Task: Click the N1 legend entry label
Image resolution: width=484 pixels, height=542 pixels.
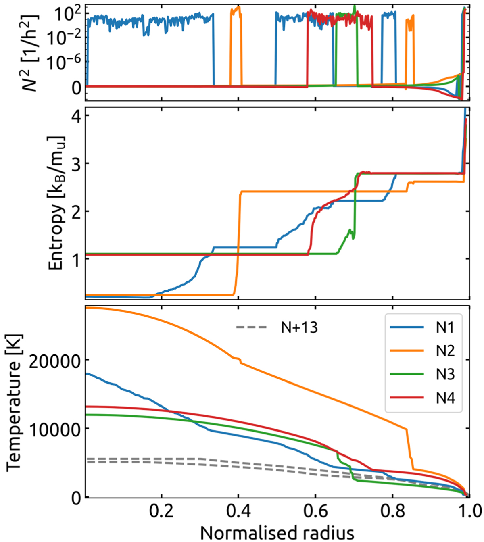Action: click(x=445, y=328)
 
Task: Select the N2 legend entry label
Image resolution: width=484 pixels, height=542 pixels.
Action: click(x=445, y=351)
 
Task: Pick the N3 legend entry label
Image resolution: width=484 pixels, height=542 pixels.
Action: click(x=445, y=375)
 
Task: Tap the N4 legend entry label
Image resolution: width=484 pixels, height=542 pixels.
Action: click(x=445, y=398)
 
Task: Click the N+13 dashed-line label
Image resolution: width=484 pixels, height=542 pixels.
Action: click(x=299, y=327)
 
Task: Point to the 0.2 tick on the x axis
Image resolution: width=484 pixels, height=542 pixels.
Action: click(x=161, y=511)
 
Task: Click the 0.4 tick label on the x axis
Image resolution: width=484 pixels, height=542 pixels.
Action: click(x=238, y=511)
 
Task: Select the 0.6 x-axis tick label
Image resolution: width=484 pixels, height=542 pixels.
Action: click(x=315, y=511)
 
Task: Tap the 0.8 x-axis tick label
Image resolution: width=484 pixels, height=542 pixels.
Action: click(x=392, y=511)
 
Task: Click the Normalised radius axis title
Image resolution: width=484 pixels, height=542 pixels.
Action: click(x=277, y=533)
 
